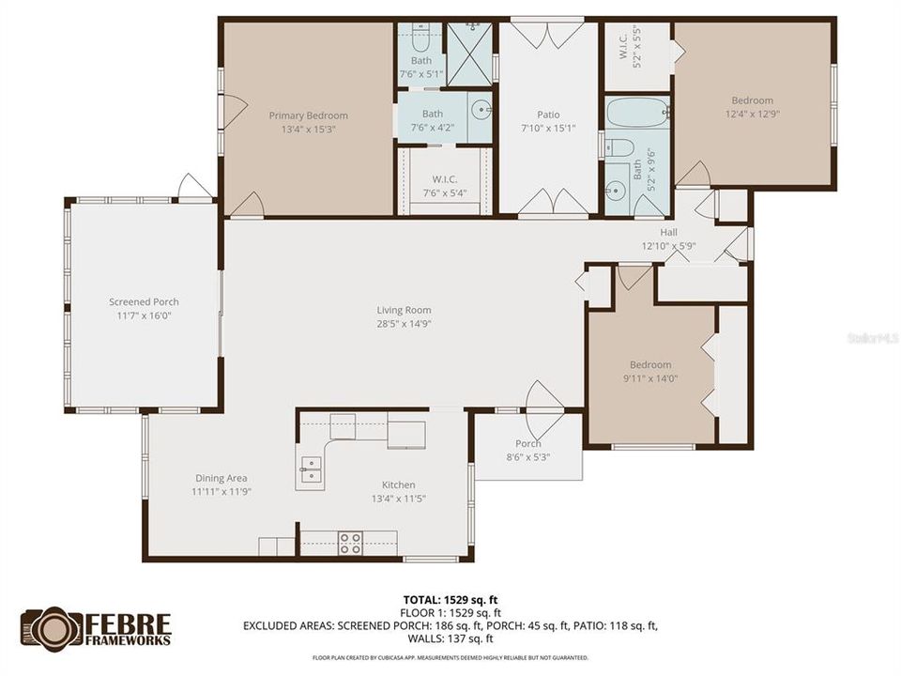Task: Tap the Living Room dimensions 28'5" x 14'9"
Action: tap(404, 324)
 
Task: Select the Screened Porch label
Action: tap(144, 301)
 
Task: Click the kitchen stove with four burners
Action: tap(350, 543)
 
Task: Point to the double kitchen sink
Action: tap(310, 469)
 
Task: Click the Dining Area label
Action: tap(221, 478)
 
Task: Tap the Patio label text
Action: tap(548, 115)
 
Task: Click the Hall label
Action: tap(668, 232)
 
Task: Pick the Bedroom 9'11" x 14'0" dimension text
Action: tap(650, 378)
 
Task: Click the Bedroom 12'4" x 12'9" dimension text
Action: tap(753, 114)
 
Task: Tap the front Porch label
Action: tap(528, 444)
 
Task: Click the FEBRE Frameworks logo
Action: tap(97, 628)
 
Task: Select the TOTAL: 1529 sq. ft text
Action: tap(450, 598)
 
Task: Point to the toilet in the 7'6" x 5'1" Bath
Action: tap(420, 39)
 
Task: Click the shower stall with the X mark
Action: tap(468, 54)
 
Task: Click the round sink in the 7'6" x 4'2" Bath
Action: tap(481, 108)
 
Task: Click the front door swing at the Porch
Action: tap(544, 398)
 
